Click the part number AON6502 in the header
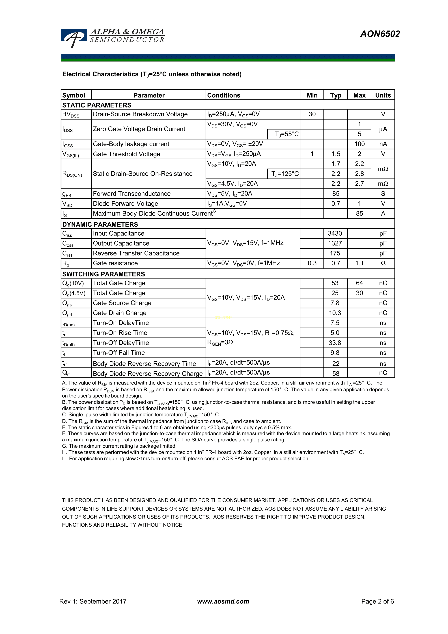click(380, 34)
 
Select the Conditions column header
click(224, 95)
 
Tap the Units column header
click(383, 95)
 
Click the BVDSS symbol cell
click(71, 114)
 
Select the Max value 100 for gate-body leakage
click(359, 144)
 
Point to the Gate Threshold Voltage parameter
click(126, 154)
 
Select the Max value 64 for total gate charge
click(359, 283)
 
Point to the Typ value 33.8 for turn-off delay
click(335, 343)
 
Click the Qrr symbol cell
click(66, 373)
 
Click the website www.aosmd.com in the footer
click(223, 601)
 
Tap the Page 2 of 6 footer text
click(377, 601)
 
